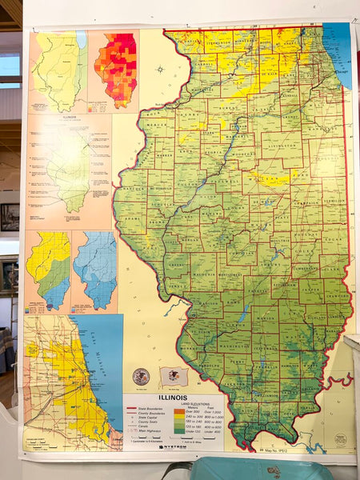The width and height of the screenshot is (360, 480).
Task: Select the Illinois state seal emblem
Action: pyautogui.click(x=142, y=375)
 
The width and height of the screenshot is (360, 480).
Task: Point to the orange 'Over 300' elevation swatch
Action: pyautogui.click(x=180, y=411)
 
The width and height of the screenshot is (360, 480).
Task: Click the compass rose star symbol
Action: pyautogui.click(x=161, y=69)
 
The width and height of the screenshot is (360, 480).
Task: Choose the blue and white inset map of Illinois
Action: pyautogui.click(x=94, y=270)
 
